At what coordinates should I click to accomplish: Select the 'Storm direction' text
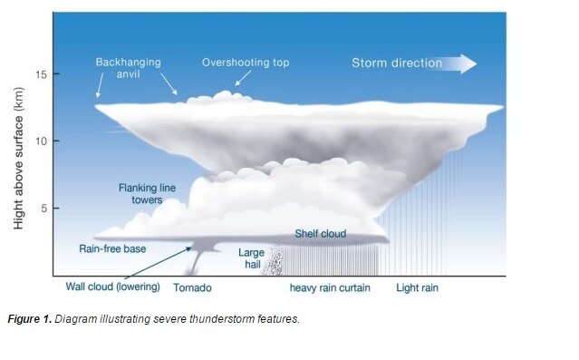pos(397,63)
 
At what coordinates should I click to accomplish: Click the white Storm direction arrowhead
pos(467,63)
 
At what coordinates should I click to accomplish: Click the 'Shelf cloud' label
pos(320,234)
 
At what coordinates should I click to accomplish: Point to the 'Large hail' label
pos(251,258)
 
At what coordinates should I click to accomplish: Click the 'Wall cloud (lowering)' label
pos(112,287)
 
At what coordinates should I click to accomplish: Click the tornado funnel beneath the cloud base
pos(198,262)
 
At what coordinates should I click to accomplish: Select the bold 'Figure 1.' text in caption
pos(30,320)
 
